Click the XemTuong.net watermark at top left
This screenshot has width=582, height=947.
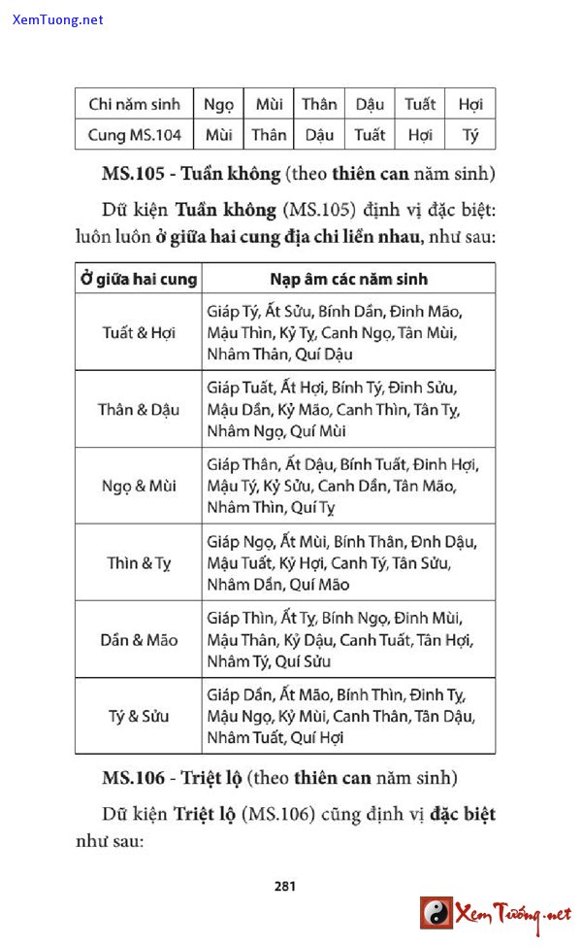coord(58,19)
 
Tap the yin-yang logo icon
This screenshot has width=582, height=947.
coord(436,913)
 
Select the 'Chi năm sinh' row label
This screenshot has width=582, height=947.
coord(134,104)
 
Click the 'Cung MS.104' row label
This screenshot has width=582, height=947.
coord(134,135)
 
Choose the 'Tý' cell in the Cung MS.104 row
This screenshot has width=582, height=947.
coord(470,135)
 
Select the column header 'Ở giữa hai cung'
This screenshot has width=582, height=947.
coord(139,279)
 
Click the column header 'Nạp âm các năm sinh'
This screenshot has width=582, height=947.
coord(348,279)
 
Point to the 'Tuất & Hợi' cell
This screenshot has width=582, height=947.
coord(139,332)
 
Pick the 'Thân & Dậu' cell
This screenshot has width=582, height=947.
coord(139,409)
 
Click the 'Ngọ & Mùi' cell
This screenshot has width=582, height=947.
coord(139,486)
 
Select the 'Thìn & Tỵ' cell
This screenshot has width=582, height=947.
coord(139,562)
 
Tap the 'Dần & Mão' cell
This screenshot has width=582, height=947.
coord(139,640)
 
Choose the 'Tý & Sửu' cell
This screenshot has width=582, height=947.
coord(139,717)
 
